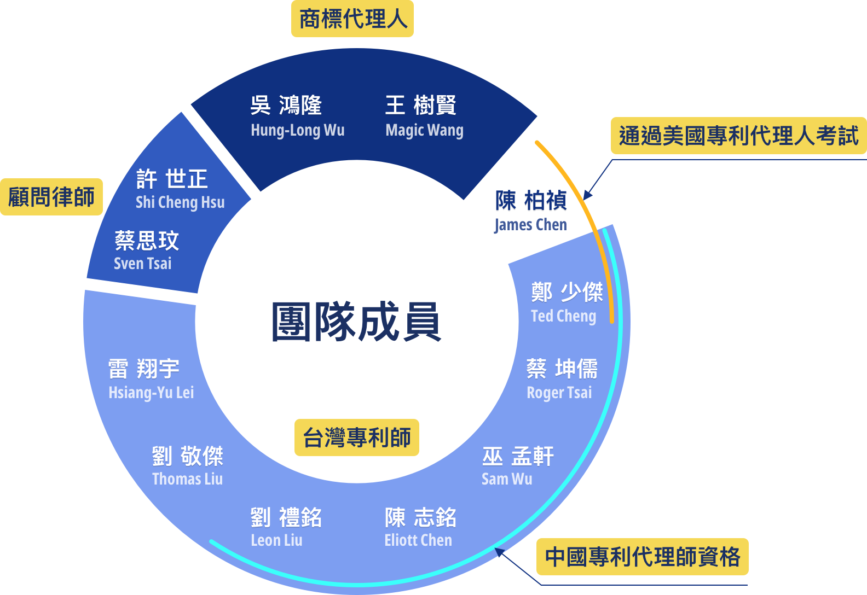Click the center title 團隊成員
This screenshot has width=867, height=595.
(356, 321)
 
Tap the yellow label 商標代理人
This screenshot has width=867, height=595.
(352, 19)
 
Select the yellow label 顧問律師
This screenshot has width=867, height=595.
(51, 197)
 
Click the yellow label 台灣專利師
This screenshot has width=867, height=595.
(357, 437)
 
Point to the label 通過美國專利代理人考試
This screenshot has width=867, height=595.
(738, 136)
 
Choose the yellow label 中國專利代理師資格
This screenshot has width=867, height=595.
(643, 557)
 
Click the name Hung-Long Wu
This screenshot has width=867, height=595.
(298, 130)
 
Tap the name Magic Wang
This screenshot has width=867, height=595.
(424, 130)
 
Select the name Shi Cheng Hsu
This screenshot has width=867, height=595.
(180, 202)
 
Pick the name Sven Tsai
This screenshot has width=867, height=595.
(142, 263)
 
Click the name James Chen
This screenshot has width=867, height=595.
(530, 225)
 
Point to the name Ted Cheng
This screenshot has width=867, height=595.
(564, 316)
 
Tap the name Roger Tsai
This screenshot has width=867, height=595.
(559, 393)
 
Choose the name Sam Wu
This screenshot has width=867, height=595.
(507, 479)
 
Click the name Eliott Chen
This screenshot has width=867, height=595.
(418, 540)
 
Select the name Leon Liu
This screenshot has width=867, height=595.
(277, 540)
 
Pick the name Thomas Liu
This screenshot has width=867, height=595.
(187, 479)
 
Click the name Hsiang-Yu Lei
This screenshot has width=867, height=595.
(151, 393)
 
